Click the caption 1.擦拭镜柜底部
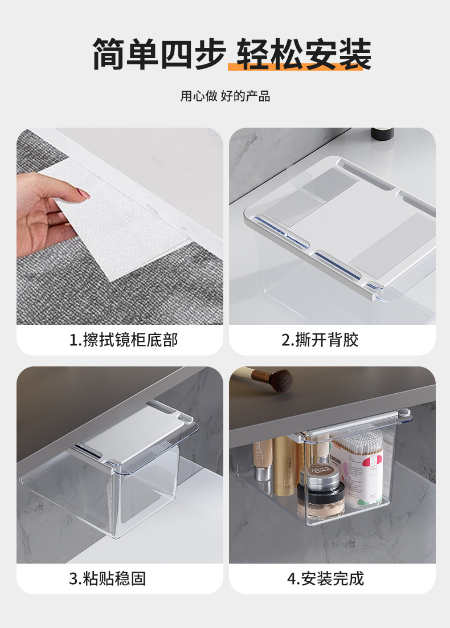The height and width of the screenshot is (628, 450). point(123,340)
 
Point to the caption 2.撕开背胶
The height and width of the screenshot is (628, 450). point(320,340)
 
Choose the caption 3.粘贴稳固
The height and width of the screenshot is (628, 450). point(108,579)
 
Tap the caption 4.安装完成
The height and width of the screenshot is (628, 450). point(325,579)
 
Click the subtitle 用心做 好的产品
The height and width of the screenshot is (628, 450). point(225,96)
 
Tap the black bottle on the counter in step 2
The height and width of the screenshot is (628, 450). point(382,134)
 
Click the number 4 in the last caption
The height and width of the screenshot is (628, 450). point(291,580)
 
